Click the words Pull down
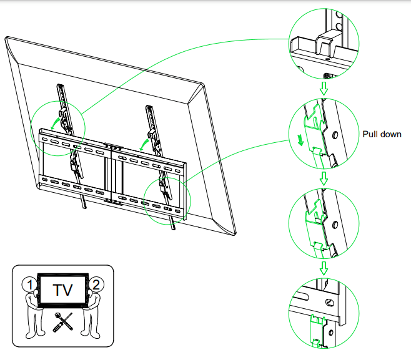382,134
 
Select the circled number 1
27,285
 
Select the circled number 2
96,285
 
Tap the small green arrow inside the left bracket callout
54,125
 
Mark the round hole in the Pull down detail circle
335,134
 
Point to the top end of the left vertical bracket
61,86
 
